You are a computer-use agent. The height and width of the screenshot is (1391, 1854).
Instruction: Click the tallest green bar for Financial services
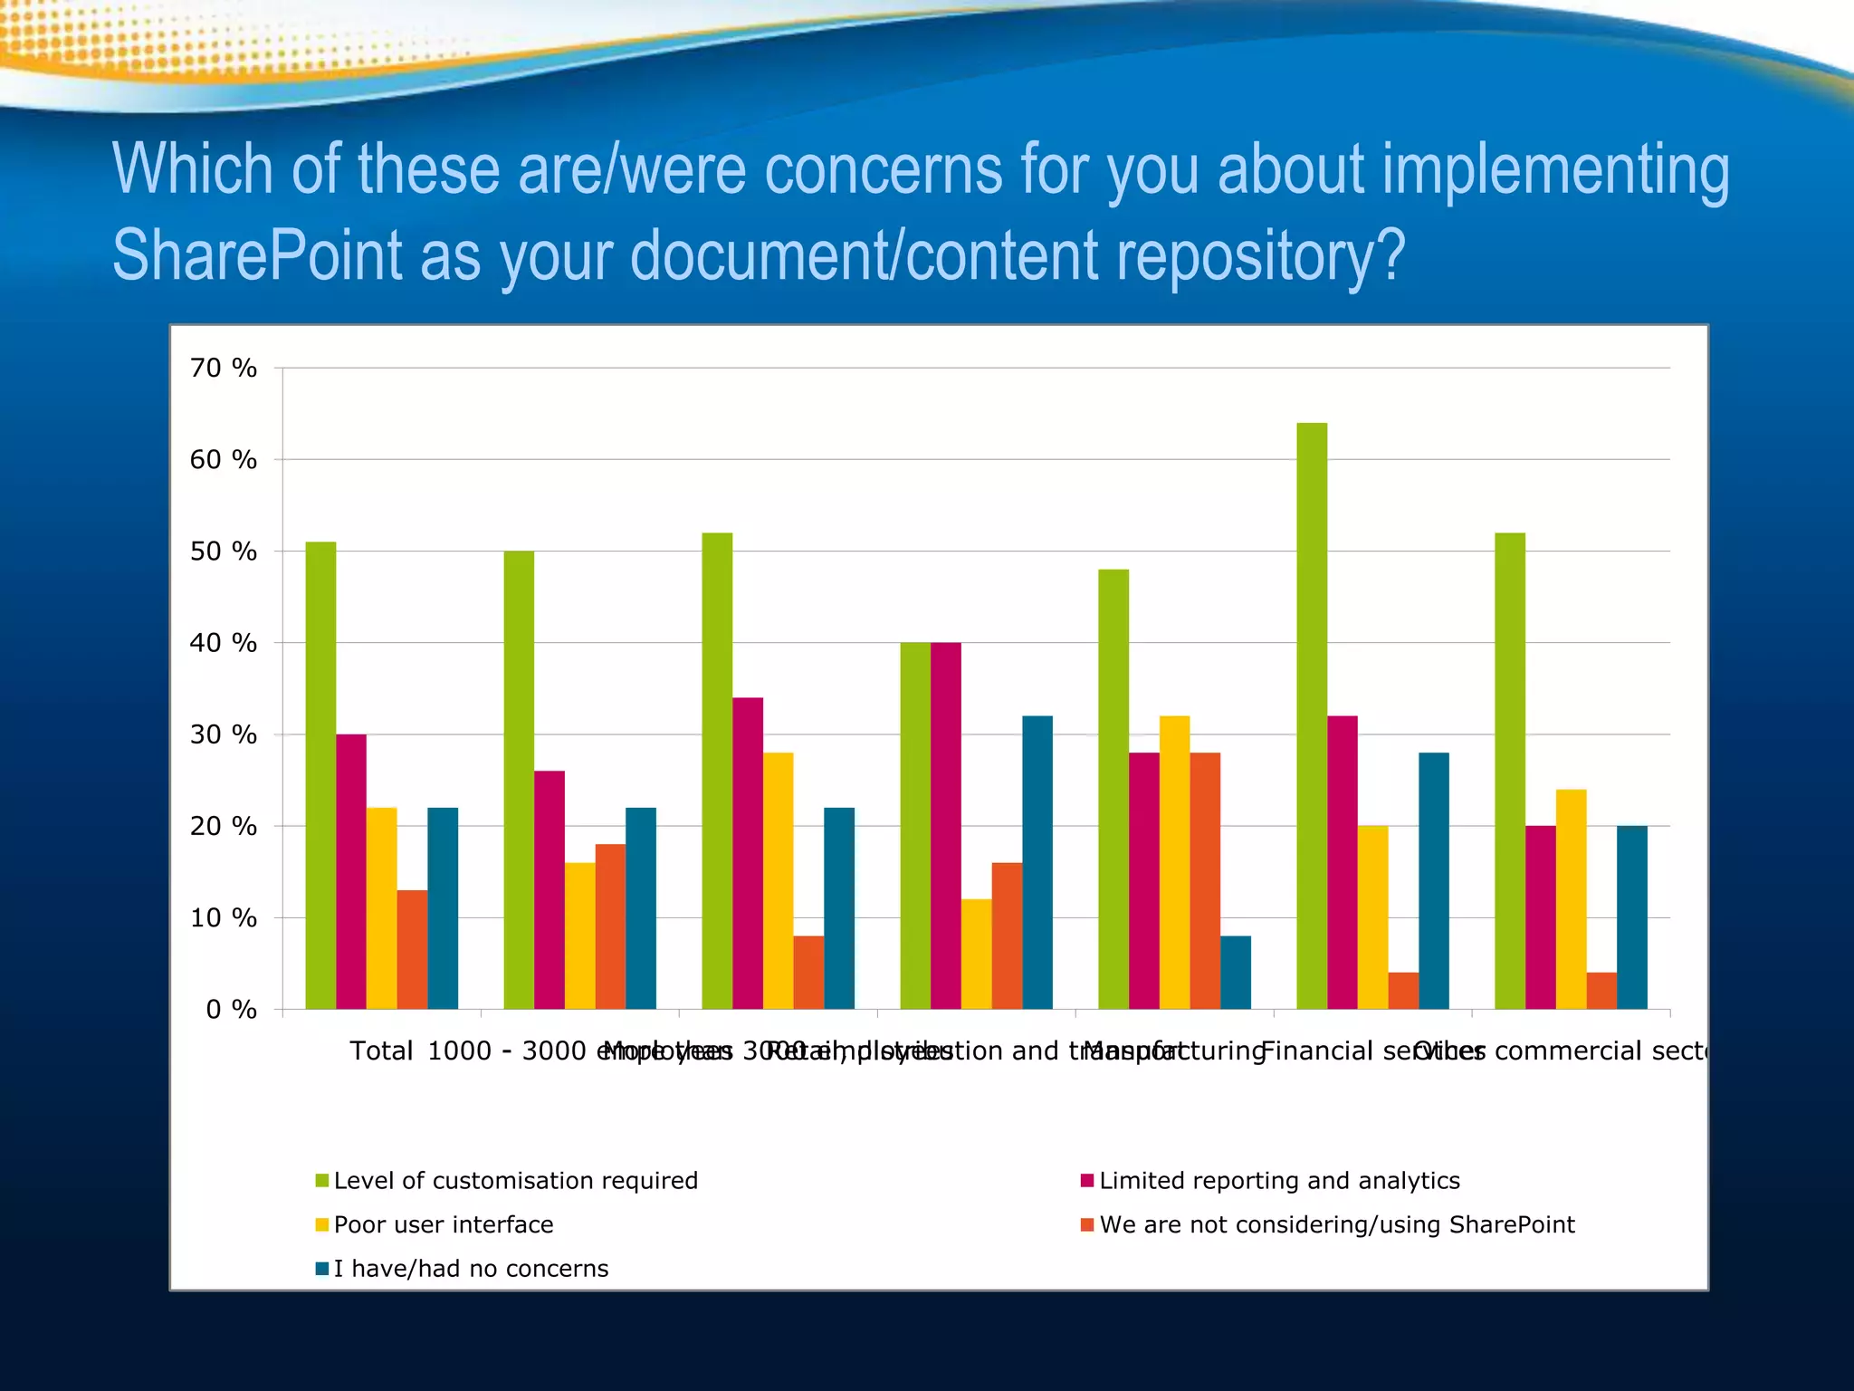[x=1312, y=715]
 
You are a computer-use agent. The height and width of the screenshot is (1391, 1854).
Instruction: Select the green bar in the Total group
[x=320, y=775]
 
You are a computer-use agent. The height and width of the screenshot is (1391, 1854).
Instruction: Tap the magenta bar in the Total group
[x=351, y=871]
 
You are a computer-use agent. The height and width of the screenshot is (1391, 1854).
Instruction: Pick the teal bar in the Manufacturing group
[x=1236, y=973]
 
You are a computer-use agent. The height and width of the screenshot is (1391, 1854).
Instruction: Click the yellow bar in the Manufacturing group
[x=1174, y=862]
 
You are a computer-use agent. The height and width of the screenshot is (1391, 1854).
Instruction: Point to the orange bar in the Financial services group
[x=1403, y=991]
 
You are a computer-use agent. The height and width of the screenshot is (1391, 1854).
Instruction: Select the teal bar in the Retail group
[x=1037, y=862]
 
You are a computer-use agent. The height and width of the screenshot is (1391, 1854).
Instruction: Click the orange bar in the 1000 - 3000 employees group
[x=610, y=926]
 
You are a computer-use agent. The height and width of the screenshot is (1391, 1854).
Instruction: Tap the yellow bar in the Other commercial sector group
[x=1571, y=899]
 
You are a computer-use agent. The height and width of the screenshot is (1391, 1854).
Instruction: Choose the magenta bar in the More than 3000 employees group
[x=748, y=853]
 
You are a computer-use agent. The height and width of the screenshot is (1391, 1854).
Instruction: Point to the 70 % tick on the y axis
[x=224, y=368]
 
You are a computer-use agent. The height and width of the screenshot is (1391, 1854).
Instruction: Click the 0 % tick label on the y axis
[x=232, y=1010]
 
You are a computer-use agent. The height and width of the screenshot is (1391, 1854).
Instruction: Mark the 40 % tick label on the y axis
[x=224, y=643]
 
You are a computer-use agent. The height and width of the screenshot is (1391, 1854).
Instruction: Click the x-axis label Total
[x=381, y=1051]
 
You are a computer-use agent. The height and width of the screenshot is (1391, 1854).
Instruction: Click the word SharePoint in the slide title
[x=257, y=256]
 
